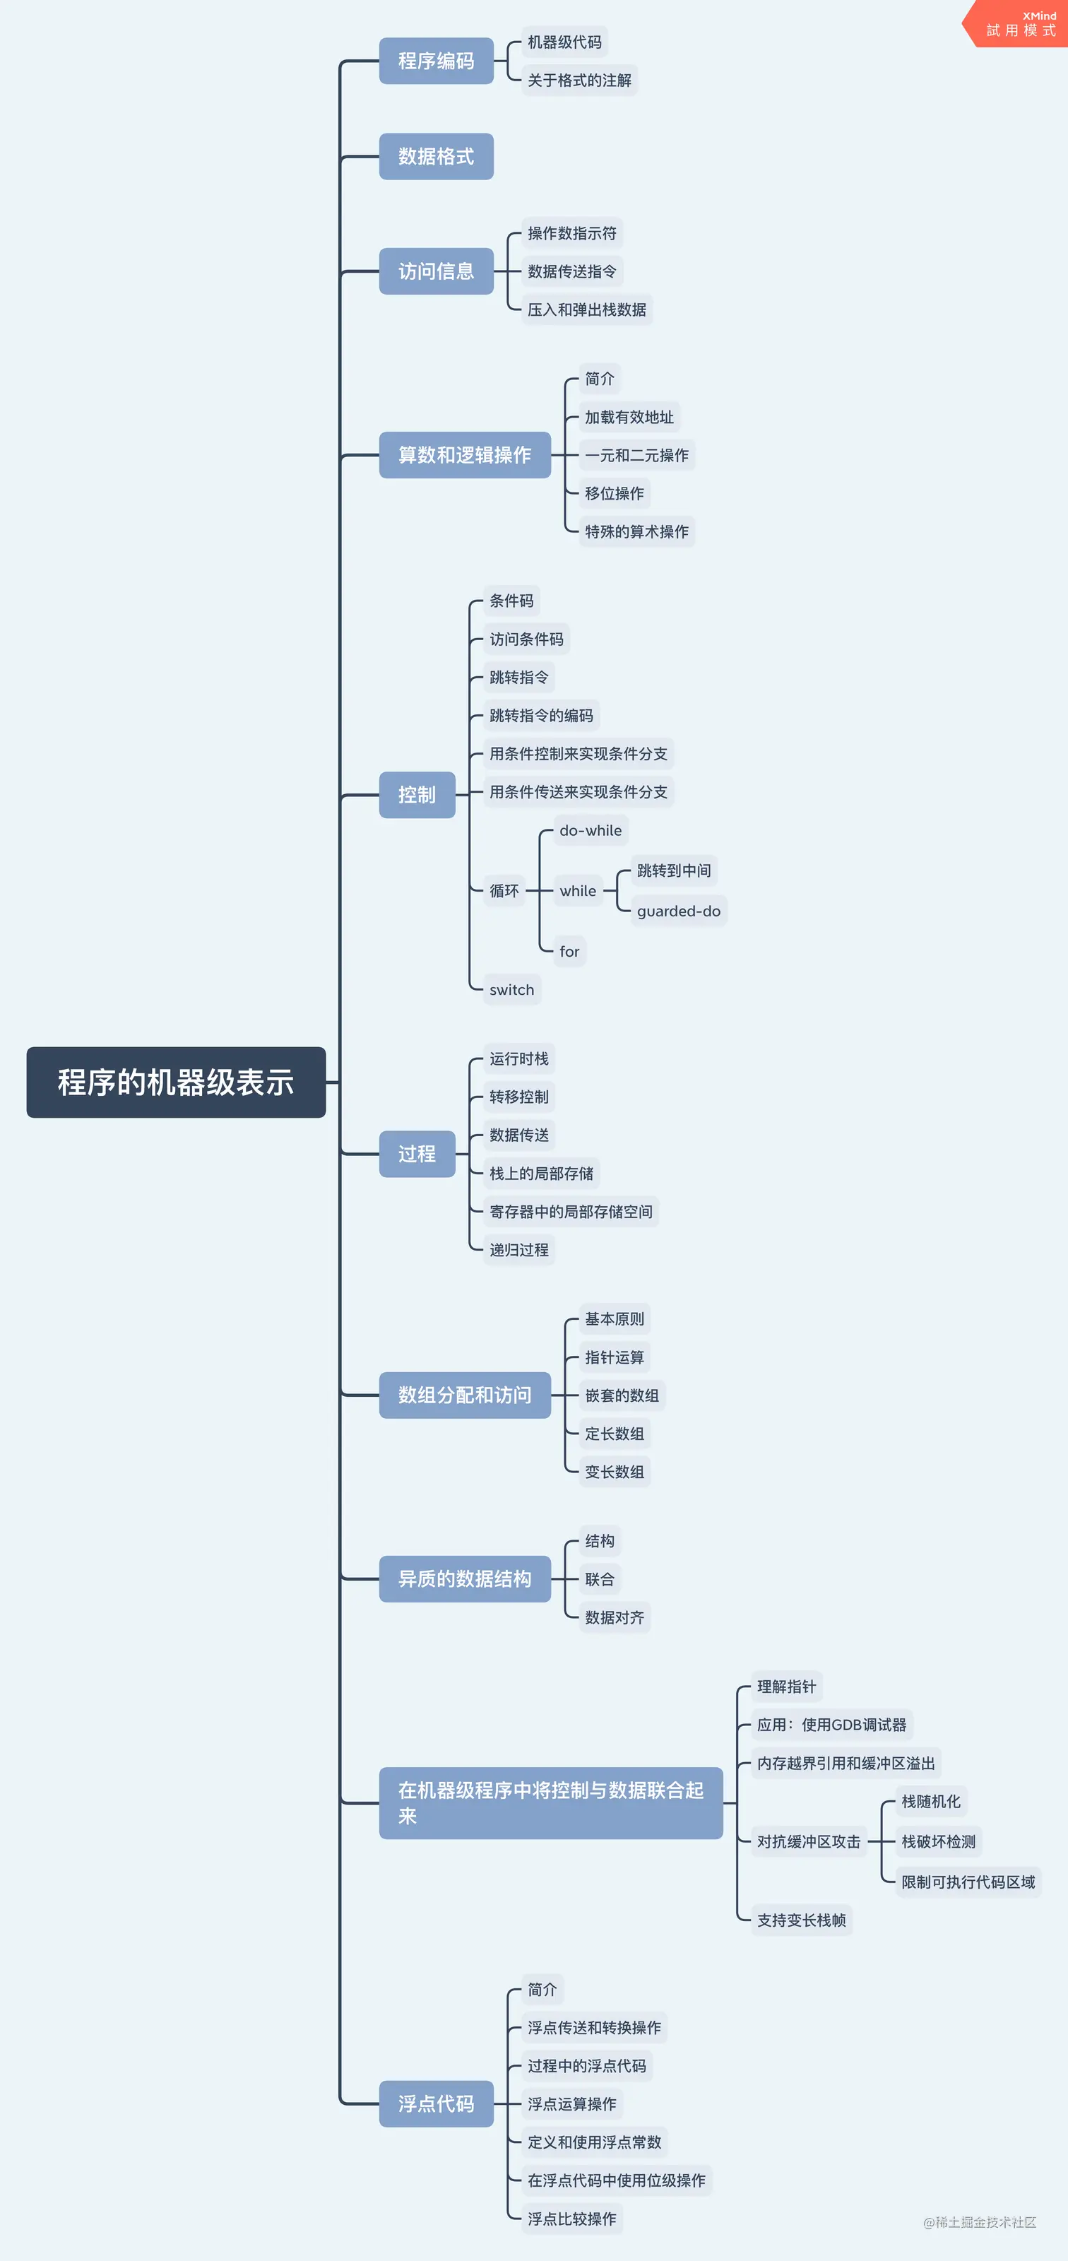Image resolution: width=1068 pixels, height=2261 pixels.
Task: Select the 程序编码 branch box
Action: (436, 61)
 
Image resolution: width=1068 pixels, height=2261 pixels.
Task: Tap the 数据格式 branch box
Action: (436, 156)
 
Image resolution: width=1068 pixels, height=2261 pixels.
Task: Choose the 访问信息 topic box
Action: (436, 271)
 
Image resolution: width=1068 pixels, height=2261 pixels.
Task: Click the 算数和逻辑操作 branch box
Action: (464, 454)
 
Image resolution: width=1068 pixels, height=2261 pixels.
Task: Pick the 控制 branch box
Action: (417, 794)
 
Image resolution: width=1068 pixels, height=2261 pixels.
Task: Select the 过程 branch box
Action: (417, 1153)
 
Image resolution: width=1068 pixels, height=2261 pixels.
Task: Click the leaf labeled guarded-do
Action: (678, 911)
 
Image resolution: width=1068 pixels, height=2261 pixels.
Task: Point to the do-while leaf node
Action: (590, 830)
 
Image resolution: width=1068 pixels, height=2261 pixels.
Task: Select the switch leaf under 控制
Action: (511, 989)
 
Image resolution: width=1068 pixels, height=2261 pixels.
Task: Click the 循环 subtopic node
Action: (504, 891)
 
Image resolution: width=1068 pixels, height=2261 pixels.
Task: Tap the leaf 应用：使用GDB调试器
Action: (831, 1725)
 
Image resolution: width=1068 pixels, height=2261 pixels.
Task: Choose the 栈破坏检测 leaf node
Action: (938, 1841)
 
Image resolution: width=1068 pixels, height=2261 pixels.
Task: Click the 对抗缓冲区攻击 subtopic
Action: (808, 1841)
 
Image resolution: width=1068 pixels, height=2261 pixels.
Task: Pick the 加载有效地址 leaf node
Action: (629, 417)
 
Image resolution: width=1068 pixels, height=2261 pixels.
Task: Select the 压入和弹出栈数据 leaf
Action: (586, 309)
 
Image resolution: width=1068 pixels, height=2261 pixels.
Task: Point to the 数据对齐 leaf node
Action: (615, 1617)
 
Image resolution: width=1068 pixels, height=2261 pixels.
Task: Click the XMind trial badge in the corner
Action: (1020, 24)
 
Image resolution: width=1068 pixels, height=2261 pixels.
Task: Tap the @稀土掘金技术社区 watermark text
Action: (980, 2221)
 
